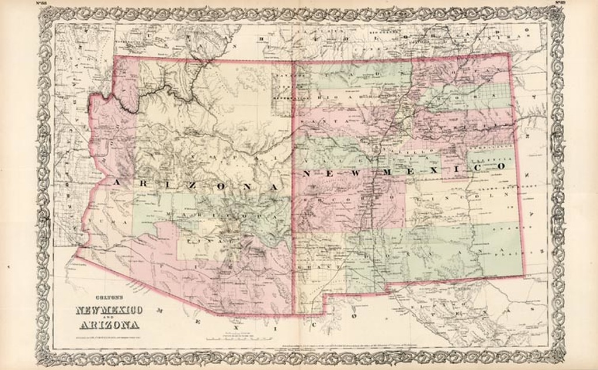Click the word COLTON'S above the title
pos(106,296)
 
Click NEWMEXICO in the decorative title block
pos(106,310)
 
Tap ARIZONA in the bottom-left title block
pos(106,325)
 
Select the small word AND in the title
pos(106,317)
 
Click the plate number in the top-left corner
pos(42,4)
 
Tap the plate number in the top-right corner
pos(559,4)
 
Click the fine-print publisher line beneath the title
pos(106,336)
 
